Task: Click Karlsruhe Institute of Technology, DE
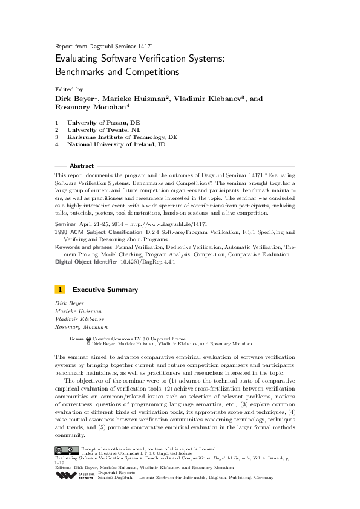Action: [123, 137]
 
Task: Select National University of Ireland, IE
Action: [116, 144]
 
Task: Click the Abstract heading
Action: [82, 166]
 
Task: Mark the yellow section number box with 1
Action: [60, 290]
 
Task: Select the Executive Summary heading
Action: [105, 290]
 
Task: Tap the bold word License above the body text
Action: [76, 339]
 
